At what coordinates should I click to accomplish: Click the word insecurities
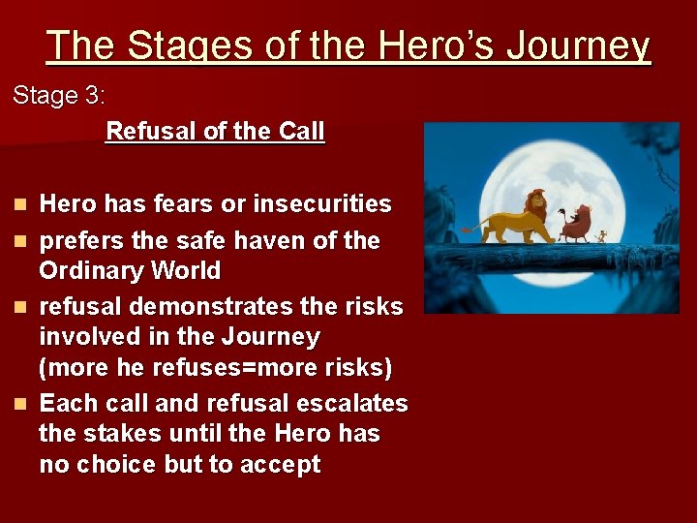coord(322,204)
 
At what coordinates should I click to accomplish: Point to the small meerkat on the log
coord(603,235)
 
